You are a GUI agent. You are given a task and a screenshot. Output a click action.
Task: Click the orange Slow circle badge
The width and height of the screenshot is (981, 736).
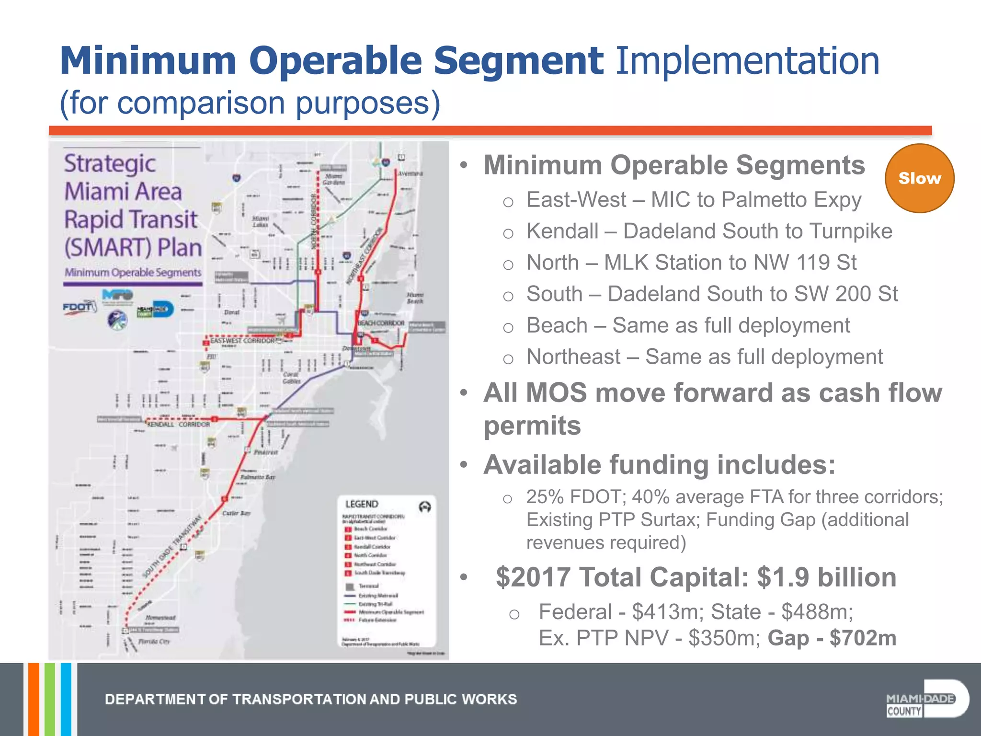[919, 178]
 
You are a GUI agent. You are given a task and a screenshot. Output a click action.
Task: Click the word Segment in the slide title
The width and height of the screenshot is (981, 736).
[518, 61]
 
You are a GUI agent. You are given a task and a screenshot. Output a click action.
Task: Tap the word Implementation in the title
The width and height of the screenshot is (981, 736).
[747, 61]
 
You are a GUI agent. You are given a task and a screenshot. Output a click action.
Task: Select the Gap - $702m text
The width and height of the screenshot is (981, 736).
[832, 638]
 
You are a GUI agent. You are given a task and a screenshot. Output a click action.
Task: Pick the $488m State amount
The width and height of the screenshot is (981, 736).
[817, 612]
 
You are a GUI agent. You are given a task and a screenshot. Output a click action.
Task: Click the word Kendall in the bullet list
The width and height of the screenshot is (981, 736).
[562, 231]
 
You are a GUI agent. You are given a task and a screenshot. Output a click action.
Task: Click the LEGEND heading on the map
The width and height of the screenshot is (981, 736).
[362, 504]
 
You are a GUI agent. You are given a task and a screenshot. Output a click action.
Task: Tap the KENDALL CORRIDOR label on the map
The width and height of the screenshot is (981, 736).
[178, 425]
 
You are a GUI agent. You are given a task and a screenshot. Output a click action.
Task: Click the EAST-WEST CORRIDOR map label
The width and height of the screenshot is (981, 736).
[242, 341]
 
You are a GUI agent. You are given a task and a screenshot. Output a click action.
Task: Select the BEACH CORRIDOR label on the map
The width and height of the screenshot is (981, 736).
[381, 323]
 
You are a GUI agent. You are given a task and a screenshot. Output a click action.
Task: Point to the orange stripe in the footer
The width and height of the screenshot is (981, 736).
[34, 700]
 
